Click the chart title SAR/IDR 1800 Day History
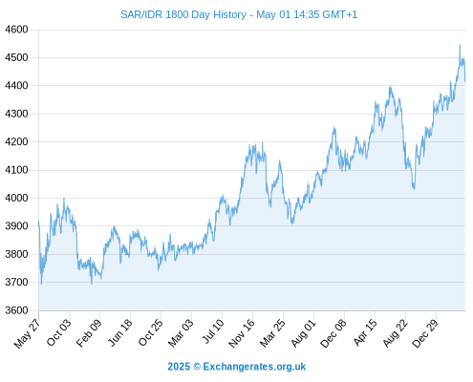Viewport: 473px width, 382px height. tap(183, 14)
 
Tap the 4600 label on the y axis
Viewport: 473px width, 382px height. tap(16, 30)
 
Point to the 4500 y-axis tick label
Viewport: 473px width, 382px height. tap(16, 57)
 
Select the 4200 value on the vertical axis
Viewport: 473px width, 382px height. tap(16, 141)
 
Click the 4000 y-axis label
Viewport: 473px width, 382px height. tap(16, 198)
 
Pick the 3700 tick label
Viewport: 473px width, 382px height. tap(16, 282)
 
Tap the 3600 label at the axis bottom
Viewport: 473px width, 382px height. tap(16, 310)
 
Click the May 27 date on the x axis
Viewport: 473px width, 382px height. tap(28, 333)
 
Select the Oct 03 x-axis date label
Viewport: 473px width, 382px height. tap(59, 332)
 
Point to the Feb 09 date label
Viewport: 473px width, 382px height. tap(89, 332)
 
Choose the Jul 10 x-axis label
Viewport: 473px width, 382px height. tap(213, 331)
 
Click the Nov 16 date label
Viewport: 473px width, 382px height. tap(242, 333)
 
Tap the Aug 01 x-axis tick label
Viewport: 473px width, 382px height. tap(304, 333)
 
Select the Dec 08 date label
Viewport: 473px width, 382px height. tap(333, 333)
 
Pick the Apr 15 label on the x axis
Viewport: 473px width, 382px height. tap(365, 332)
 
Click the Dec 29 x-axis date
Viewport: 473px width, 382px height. tap(425, 333)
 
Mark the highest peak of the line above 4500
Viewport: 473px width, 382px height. tap(460, 45)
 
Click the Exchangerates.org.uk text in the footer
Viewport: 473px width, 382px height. tap(254, 367)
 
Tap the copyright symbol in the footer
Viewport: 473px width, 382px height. tap(197, 367)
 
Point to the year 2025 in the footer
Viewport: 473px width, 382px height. tap(179, 367)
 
